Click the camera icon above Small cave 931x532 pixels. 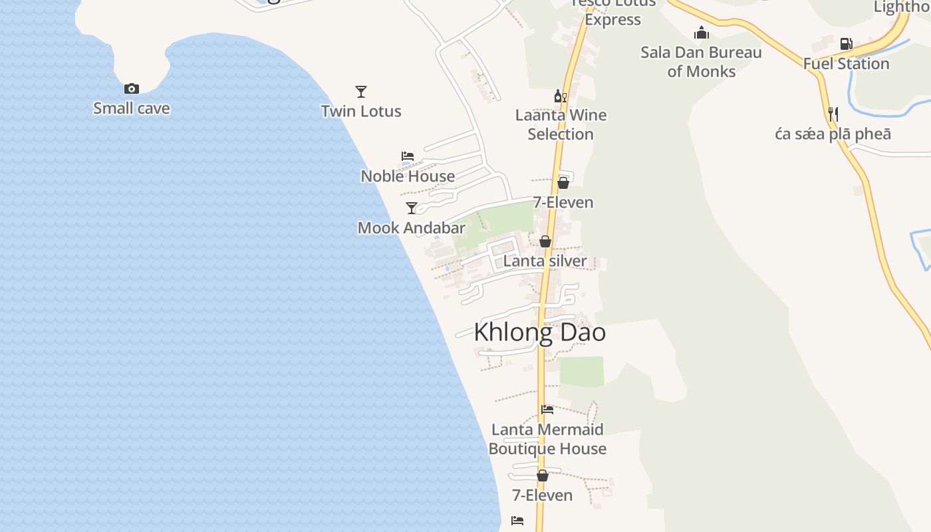(132, 89)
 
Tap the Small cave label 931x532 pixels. (132, 108)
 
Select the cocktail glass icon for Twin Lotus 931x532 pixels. (361, 92)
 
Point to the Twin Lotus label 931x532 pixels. (361, 111)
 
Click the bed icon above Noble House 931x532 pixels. (408, 156)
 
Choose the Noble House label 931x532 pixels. (408, 176)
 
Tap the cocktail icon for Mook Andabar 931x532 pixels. (412, 208)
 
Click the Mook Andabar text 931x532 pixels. (412, 228)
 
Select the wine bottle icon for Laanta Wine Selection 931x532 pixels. (561, 96)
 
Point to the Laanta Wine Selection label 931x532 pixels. (561, 124)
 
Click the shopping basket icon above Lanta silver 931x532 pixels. (545, 241)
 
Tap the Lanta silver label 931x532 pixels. (545, 261)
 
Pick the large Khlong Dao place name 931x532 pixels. (539, 332)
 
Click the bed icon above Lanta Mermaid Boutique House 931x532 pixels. (547, 410)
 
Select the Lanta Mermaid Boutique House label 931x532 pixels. (547, 439)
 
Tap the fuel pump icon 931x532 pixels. (846, 44)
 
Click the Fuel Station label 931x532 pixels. (846, 64)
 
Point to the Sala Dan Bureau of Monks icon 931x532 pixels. (701, 33)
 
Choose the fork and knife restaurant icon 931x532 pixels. (833, 114)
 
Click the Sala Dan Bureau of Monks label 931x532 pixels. (701, 62)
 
